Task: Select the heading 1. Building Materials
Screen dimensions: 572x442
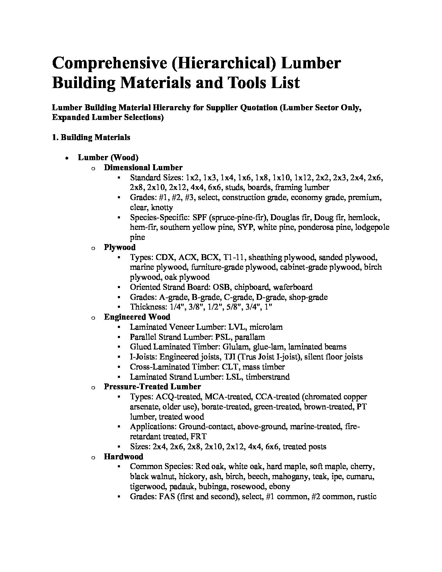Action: click(x=91, y=137)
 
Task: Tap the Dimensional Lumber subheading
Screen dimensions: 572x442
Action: click(x=143, y=167)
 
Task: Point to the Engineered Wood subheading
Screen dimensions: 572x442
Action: click(x=137, y=317)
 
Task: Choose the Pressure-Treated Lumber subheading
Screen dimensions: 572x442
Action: click(x=152, y=387)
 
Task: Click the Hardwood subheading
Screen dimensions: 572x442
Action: click(x=123, y=457)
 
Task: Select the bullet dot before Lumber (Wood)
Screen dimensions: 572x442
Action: click(x=66, y=158)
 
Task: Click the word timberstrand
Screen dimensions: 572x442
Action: click(x=268, y=377)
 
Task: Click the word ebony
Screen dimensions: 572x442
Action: click(x=279, y=486)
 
